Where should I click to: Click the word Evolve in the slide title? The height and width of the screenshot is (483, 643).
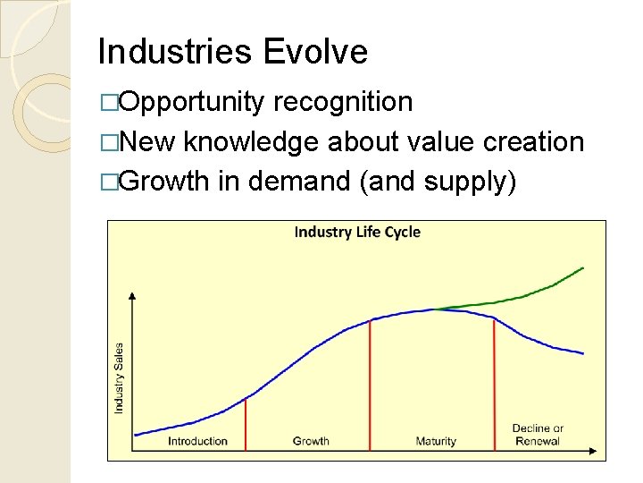click(315, 52)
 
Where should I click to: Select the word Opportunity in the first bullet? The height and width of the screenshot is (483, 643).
click(192, 103)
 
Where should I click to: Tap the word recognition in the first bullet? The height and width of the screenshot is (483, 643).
click(343, 102)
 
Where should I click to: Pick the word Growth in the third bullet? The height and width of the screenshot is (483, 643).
click(166, 182)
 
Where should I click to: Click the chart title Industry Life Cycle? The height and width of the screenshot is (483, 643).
click(357, 233)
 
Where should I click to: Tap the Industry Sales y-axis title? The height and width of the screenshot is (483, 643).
click(119, 377)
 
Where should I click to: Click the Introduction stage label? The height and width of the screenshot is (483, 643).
click(197, 441)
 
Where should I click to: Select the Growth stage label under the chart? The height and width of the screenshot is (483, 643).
click(311, 441)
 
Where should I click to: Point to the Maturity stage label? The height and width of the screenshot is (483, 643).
click(436, 441)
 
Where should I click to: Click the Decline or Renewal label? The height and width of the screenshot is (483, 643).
click(538, 435)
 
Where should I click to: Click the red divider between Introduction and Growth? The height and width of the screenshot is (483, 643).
click(245, 420)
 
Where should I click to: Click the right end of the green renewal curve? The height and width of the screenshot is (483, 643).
click(582, 267)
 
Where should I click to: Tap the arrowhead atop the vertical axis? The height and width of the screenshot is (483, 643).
click(132, 296)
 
